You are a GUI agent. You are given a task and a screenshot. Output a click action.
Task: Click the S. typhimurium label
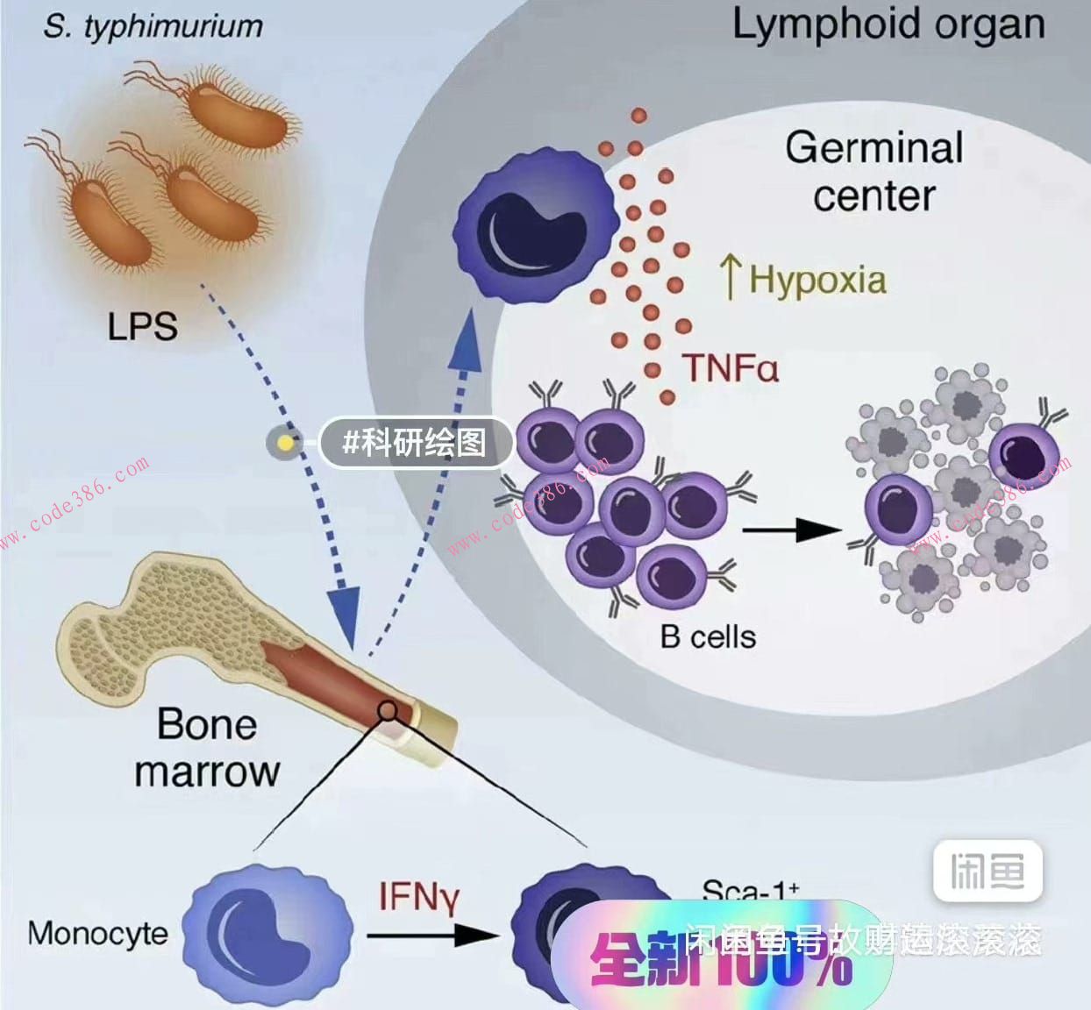[x=153, y=26]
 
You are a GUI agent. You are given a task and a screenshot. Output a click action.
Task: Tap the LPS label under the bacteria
[x=142, y=326]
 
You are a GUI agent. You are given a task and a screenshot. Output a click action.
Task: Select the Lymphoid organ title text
[x=888, y=25]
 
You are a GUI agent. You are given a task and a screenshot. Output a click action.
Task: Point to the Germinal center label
[x=874, y=171]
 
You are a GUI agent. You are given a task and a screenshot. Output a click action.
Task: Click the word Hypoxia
[x=817, y=280]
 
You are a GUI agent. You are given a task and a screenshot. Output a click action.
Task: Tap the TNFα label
[x=730, y=367]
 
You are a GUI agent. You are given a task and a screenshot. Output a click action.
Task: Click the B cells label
[x=708, y=636]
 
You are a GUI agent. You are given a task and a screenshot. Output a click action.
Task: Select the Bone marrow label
[x=207, y=748]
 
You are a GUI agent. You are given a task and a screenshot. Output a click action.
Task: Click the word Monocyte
[x=97, y=933]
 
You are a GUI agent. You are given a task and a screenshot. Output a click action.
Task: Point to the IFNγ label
[x=419, y=897]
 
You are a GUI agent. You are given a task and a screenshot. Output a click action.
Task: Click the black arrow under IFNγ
[x=431, y=935]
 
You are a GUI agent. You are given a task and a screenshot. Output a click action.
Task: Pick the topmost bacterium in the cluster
[x=239, y=112]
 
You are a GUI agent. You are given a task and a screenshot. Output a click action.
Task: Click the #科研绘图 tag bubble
[x=415, y=442]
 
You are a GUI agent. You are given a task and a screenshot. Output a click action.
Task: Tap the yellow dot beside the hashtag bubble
[x=286, y=442]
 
